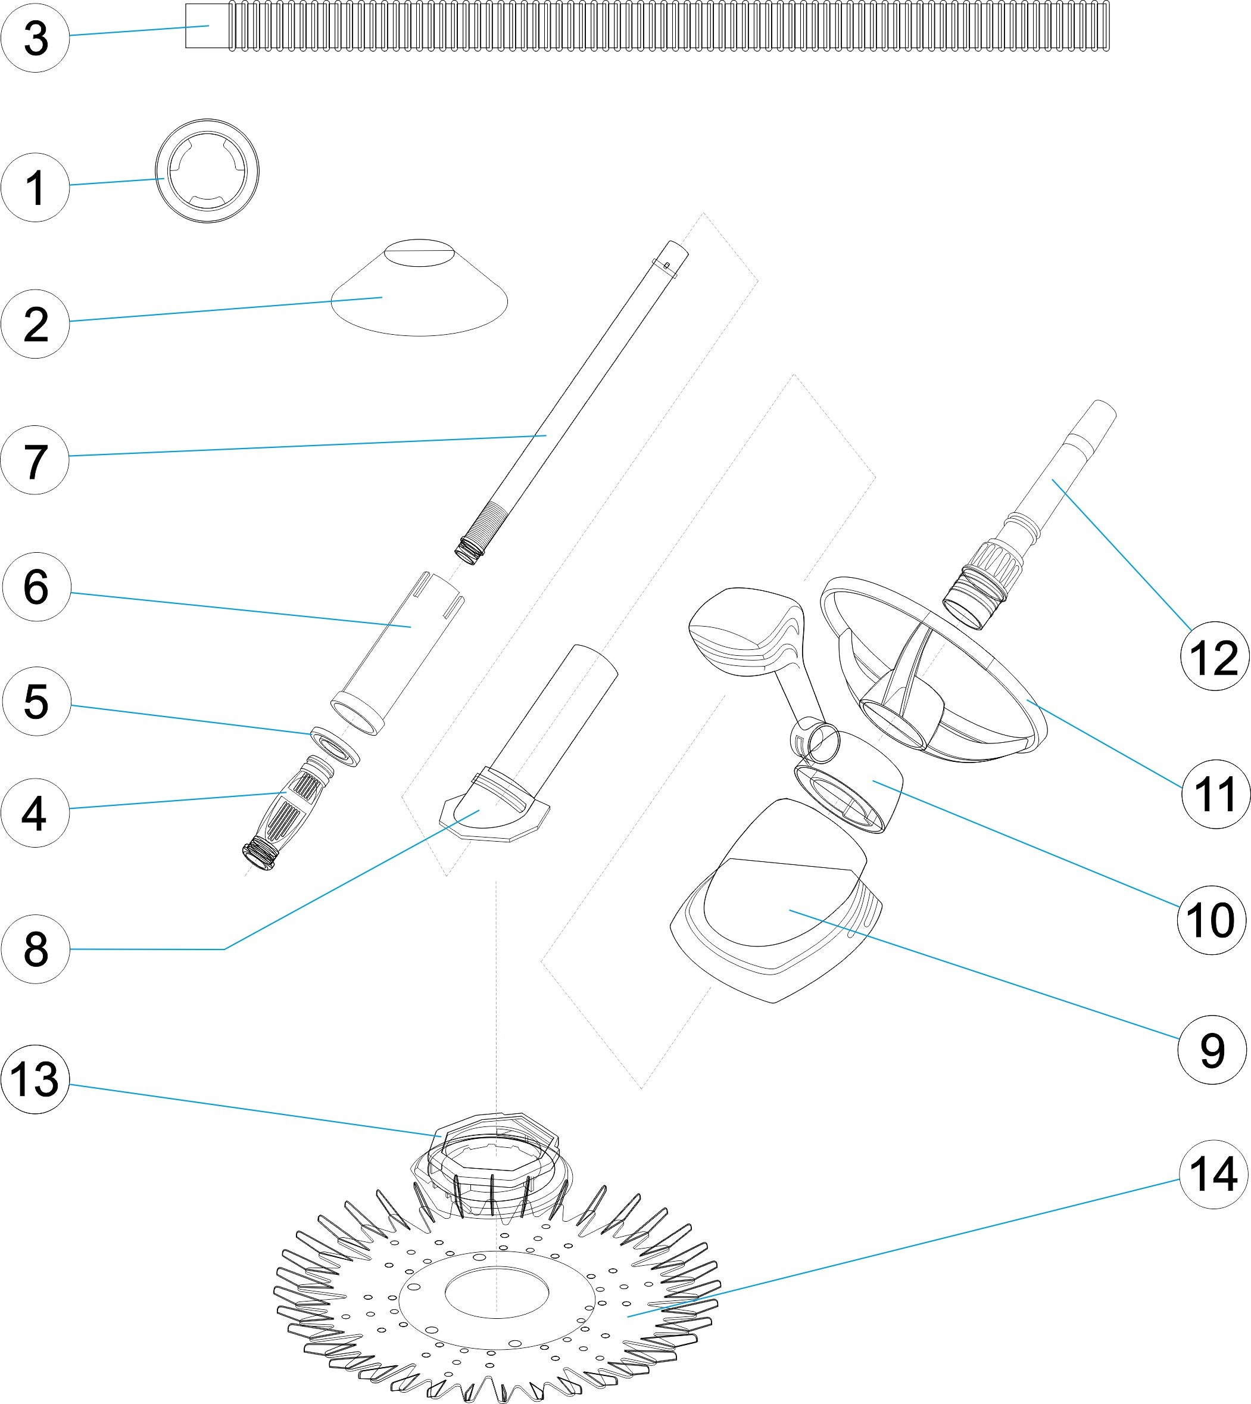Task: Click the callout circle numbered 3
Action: point(35,38)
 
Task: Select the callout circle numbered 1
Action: point(35,187)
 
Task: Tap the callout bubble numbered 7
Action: point(35,460)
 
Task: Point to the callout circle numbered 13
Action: point(35,1079)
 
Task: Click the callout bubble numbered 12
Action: point(1214,656)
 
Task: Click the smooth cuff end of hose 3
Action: point(207,26)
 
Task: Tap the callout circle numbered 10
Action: point(1211,920)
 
